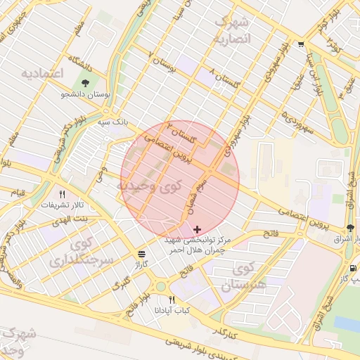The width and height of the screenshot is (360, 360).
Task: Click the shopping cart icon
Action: [302, 44]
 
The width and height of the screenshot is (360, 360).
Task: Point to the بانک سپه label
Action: [113, 121]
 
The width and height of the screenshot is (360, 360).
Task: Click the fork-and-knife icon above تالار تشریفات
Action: [62, 194]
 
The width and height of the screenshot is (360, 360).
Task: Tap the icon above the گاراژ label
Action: [142, 254]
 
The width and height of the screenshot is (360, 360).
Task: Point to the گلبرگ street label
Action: [122, 285]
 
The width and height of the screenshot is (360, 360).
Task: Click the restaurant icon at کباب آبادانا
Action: [172, 300]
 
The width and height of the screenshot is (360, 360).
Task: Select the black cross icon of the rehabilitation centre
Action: [197, 229]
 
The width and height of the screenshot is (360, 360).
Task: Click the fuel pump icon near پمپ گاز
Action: [352, 268]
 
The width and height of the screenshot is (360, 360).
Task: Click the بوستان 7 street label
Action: [161, 63]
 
